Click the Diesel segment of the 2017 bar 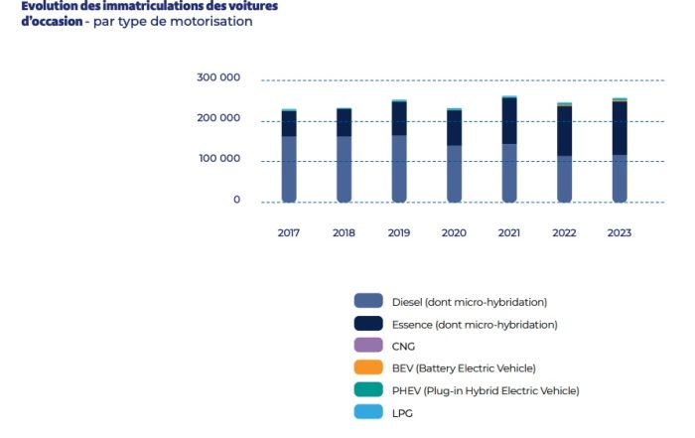[x=289, y=169]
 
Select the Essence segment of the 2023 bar [x=620, y=128]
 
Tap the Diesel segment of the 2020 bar [x=455, y=174]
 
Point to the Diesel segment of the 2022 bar [x=564, y=179]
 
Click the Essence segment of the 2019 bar [x=399, y=118]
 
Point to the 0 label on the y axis [x=236, y=200]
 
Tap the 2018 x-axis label [x=345, y=232]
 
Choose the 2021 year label [x=509, y=232]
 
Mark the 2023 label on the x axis [x=620, y=232]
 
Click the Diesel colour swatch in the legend [x=368, y=301]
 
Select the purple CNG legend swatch [x=368, y=346]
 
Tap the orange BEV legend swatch [x=368, y=367]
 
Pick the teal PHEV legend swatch [x=368, y=390]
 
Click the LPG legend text [x=403, y=413]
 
